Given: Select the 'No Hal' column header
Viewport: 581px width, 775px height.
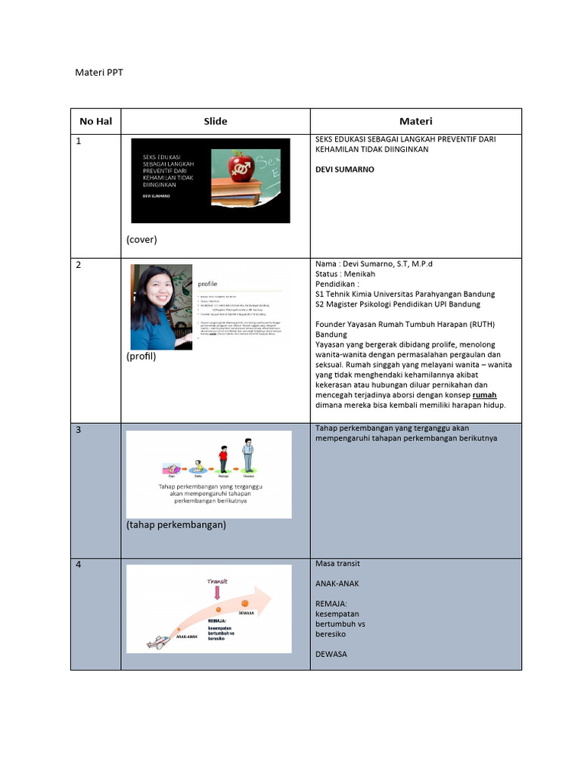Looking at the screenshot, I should [95, 121].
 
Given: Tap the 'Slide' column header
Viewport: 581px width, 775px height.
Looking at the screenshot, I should [215, 121].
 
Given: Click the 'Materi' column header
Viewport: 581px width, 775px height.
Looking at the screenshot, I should [415, 121].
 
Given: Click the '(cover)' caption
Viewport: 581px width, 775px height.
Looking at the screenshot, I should [141, 239].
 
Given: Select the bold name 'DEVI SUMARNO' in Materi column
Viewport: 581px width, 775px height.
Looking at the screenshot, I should [344, 170].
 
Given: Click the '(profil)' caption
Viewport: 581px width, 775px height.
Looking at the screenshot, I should [141, 356].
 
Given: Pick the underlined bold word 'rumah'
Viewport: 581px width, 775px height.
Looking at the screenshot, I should [485, 395].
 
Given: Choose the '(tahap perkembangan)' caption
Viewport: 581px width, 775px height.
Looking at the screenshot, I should [176, 524].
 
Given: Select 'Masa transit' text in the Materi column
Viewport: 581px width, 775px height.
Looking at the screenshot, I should [337, 564].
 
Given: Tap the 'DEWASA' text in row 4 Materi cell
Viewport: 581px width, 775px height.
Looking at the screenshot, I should [331, 654].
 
